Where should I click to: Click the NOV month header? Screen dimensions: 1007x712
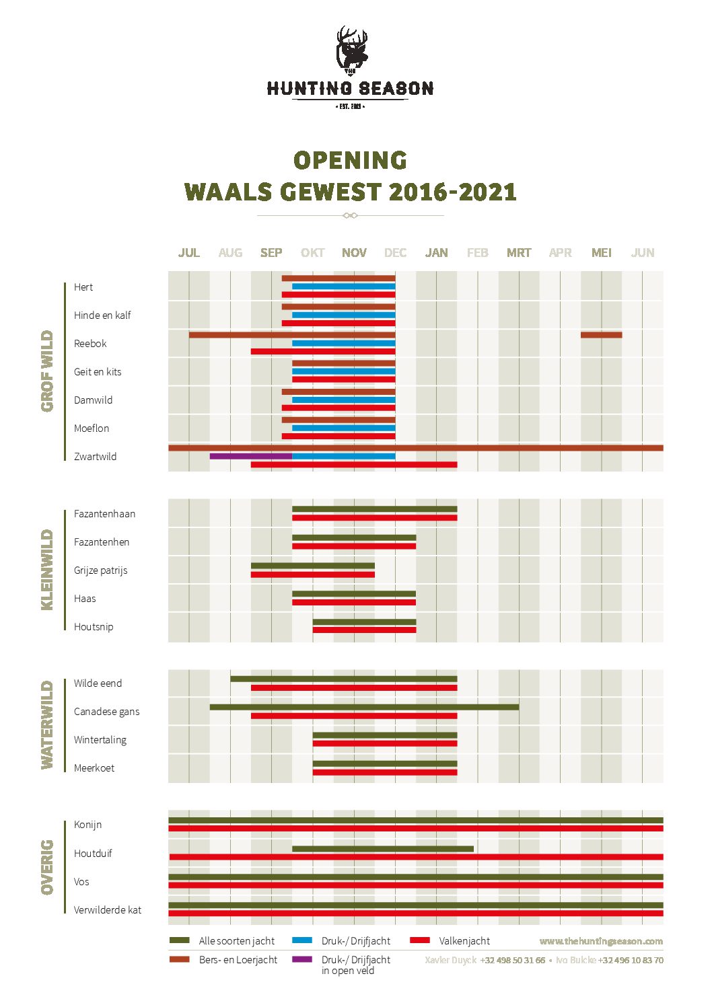(x=354, y=253)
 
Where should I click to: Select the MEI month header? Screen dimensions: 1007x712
(x=601, y=253)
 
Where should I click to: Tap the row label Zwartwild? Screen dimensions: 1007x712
(x=95, y=457)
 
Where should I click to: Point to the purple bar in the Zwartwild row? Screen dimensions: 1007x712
(x=250, y=456)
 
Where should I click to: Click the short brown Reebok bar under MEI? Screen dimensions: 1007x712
(x=601, y=335)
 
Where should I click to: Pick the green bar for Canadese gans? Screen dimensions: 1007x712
(x=364, y=707)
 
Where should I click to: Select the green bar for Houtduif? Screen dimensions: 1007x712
(x=382, y=849)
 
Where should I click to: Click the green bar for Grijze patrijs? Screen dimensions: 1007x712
(x=312, y=566)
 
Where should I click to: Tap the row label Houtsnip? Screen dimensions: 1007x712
(x=94, y=627)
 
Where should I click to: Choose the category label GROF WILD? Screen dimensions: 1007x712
(x=47, y=371)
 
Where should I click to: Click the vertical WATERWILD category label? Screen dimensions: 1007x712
(x=47, y=725)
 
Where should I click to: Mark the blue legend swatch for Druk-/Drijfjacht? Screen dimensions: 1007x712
(x=302, y=940)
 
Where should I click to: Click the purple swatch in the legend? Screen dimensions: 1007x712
(x=302, y=959)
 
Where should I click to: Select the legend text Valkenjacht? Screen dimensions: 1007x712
(x=464, y=941)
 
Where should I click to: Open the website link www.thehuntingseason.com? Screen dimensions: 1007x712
(x=600, y=941)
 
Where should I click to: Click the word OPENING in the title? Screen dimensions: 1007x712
(x=351, y=161)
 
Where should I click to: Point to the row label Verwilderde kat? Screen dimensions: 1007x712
(x=108, y=910)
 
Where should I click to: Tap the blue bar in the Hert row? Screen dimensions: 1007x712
(x=343, y=287)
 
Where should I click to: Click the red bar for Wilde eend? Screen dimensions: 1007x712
(x=353, y=688)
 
